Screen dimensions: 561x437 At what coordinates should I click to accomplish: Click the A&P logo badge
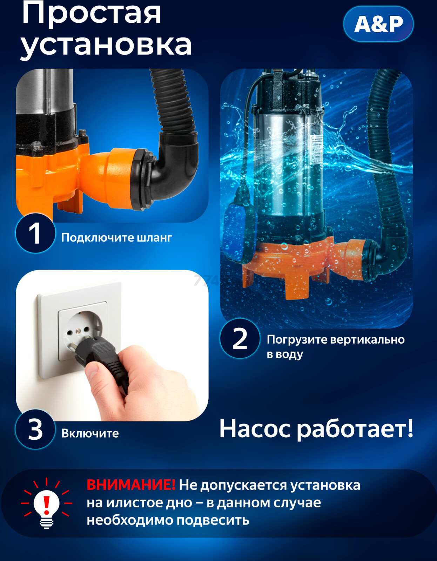[378, 24]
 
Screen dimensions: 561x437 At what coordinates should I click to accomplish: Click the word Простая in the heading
[92, 13]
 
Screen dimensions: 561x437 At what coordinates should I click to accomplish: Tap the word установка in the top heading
[106, 45]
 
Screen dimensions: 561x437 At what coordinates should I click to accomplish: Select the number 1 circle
[35, 233]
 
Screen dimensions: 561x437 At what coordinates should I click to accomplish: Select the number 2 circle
[240, 339]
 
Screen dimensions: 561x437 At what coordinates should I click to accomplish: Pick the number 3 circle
[35, 430]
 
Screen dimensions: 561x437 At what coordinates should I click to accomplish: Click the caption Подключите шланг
[116, 238]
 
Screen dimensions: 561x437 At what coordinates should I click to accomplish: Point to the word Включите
[90, 433]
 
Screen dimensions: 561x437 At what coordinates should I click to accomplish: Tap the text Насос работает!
[316, 429]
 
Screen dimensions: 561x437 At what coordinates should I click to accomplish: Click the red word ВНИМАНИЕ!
[131, 485]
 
